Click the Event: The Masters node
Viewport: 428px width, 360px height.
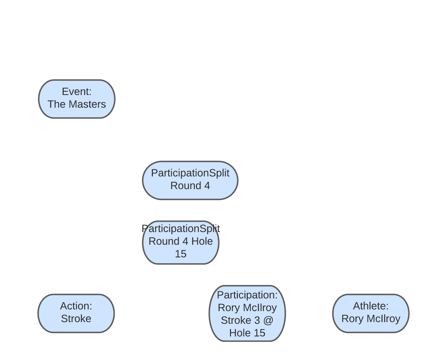(77, 99)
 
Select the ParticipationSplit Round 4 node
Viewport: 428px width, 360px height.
(190, 180)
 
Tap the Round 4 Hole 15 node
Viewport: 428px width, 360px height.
(181, 242)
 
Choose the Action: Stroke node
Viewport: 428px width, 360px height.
(76, 313)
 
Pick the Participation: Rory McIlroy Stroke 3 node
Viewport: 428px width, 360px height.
(247, 313)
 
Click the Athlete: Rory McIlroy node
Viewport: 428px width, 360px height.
(371, 313)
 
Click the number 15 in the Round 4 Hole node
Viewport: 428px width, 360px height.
(181, 254)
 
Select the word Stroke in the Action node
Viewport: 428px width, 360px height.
(76, 319)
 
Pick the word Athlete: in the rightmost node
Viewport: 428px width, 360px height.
(371, 306)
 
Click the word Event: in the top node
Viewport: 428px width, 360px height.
(77, 92)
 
